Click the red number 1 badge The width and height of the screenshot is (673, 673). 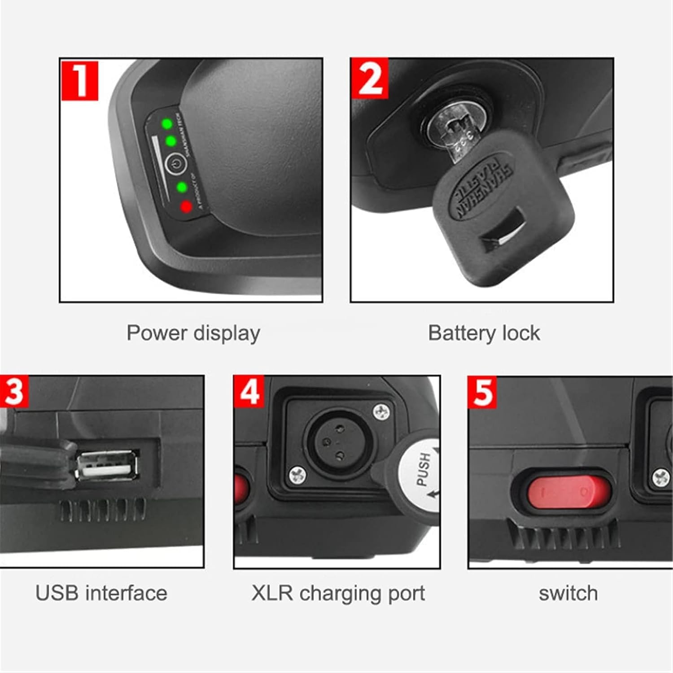click(x=79, y=80)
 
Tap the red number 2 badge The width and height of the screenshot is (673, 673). click(x=370, y=78)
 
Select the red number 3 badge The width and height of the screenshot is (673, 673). click(x=14, y=391)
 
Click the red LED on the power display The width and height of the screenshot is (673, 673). click(x=186, y=207)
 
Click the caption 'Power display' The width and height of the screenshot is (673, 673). click(x=193, y=333)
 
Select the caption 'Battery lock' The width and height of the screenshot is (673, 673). click(x=484, y=333)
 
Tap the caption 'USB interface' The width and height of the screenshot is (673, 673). click(x=101, y=593)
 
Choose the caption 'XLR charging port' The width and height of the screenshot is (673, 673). click(x=338, y=593)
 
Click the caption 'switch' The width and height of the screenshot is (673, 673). click(x=568, y=593)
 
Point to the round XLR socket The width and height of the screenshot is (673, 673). click(x=332, y=445)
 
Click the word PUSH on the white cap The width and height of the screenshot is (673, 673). click(x=423, y=469)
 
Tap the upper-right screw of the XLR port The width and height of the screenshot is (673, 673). click(x=381, y=409)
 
